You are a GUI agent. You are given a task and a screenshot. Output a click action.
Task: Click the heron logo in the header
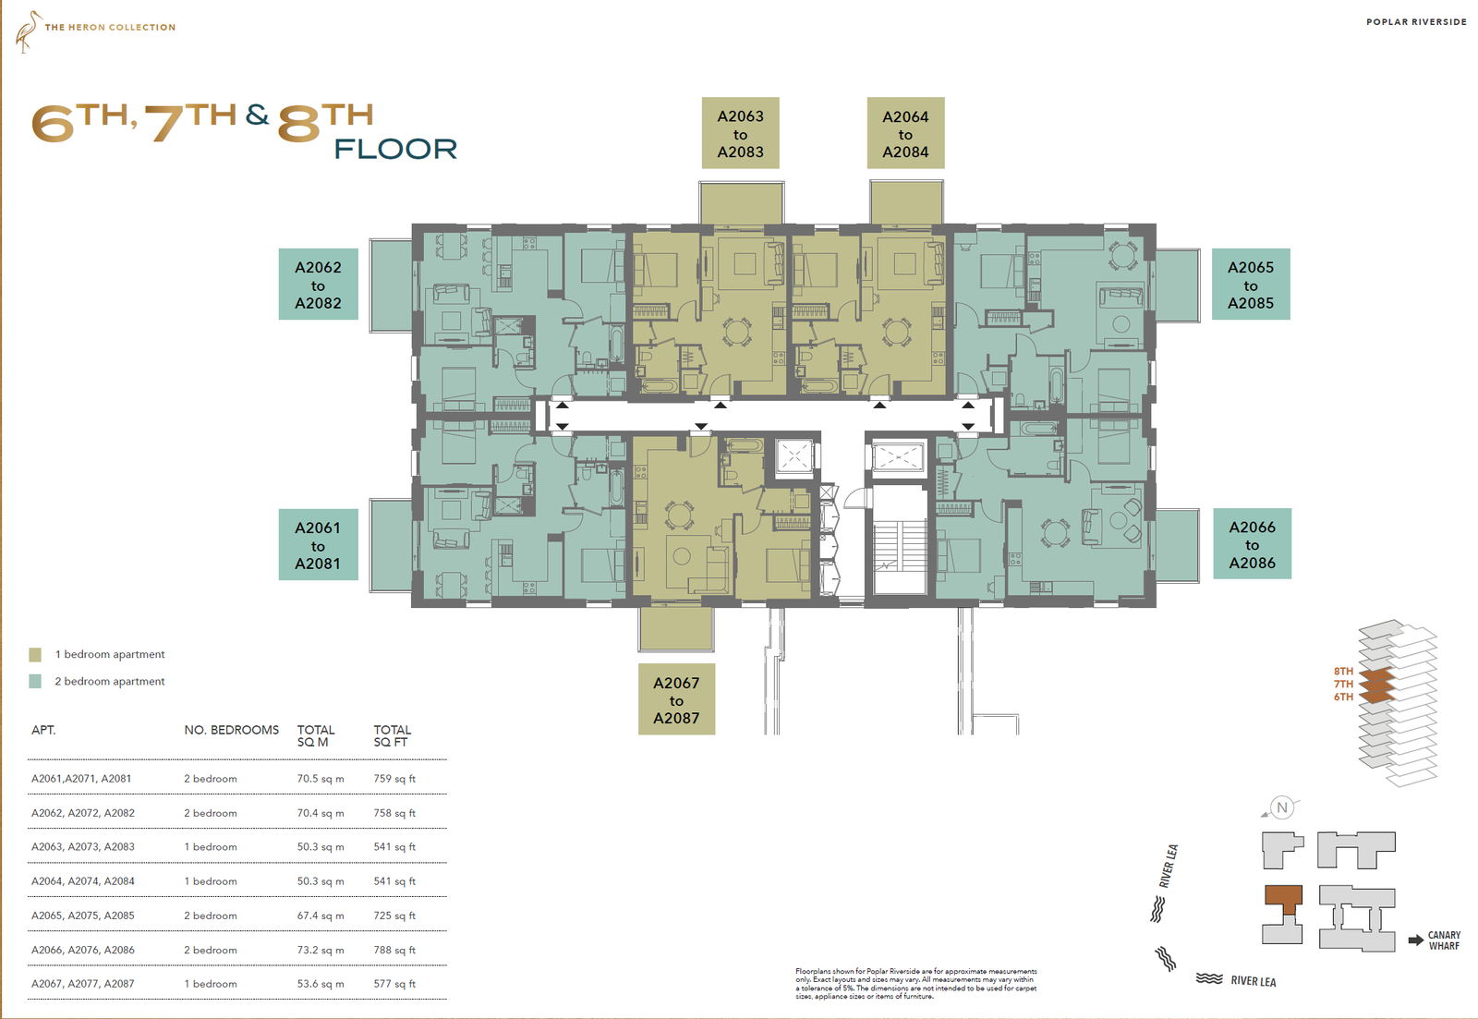(28, 31)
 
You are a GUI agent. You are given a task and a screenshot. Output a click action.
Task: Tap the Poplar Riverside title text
(1416, 22)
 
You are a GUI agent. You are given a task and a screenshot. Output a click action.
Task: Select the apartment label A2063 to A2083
(740, 133)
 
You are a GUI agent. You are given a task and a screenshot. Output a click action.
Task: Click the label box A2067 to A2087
(676, 699)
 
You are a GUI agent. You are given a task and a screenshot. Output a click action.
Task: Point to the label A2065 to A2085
(1251, 285)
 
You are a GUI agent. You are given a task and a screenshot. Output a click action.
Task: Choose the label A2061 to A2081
(318, 544)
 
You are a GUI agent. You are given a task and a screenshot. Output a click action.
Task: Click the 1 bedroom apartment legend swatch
(35, 655)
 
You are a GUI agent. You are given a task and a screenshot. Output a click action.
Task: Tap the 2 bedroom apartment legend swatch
(35, 681)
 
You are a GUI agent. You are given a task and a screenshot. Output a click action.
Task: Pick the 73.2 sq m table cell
(320, 950)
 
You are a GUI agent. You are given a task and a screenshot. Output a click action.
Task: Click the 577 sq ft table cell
(394, 984)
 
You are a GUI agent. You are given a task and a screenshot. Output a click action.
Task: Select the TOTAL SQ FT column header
(392, 736)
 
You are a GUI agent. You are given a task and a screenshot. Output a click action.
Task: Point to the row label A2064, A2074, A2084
(83, 881)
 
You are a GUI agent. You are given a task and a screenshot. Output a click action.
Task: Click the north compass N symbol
(1282, 807)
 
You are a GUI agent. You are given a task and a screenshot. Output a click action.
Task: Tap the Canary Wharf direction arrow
(1416, 940)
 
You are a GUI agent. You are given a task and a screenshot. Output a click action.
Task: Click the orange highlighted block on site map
(1283, 899)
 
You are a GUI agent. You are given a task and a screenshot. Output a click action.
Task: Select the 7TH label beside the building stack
(1343, 685)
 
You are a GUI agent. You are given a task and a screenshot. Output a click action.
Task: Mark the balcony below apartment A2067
(675, 628)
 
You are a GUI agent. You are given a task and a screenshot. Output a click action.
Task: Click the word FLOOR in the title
(396, 149)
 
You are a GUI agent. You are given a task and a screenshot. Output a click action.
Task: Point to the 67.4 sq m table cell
(320, 916)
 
